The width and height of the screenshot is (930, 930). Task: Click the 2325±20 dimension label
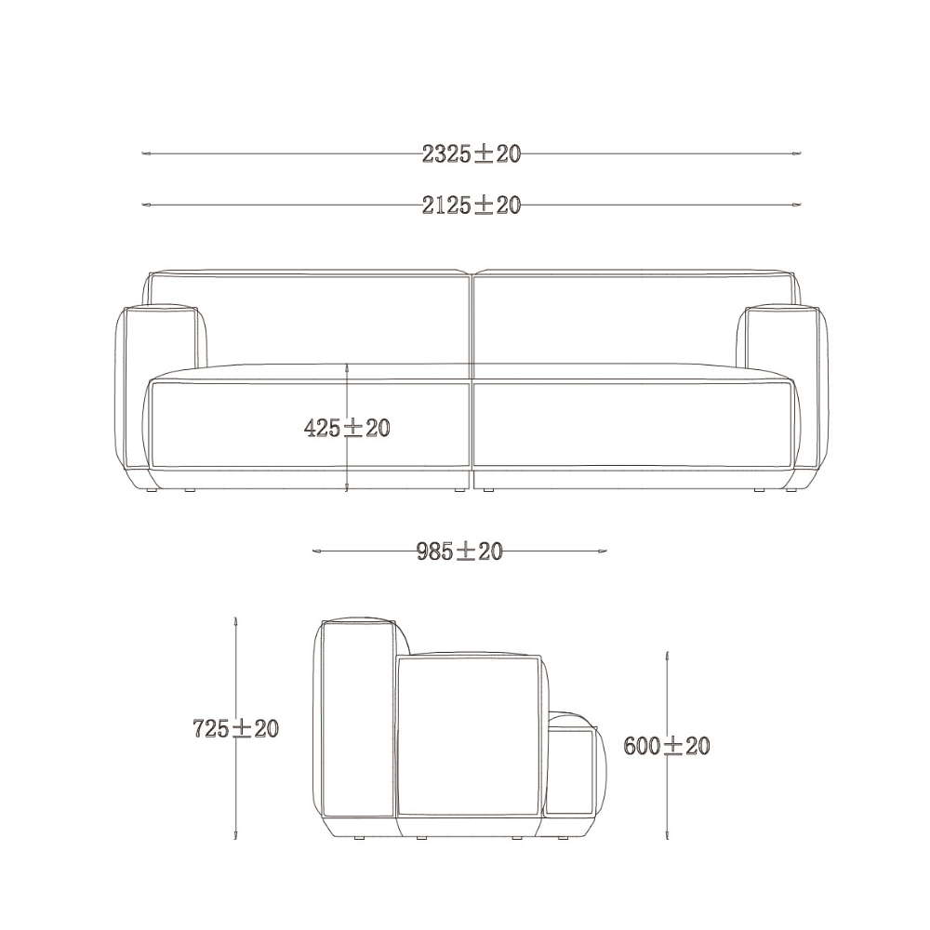coord(472,154)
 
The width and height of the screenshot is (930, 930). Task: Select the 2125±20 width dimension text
coord(472,206)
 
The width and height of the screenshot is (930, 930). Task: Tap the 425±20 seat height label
coord(347,428)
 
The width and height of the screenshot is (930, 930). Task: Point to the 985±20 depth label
coord(459,551)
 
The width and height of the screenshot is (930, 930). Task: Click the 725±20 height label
coord(236,728)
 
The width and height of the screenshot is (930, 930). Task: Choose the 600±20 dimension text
coord(667,746)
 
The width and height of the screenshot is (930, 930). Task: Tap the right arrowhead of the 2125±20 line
coord(797,205)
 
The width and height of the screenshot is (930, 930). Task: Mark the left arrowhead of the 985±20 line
coord(317,551)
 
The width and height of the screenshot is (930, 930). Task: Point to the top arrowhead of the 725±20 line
coord(236,621)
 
